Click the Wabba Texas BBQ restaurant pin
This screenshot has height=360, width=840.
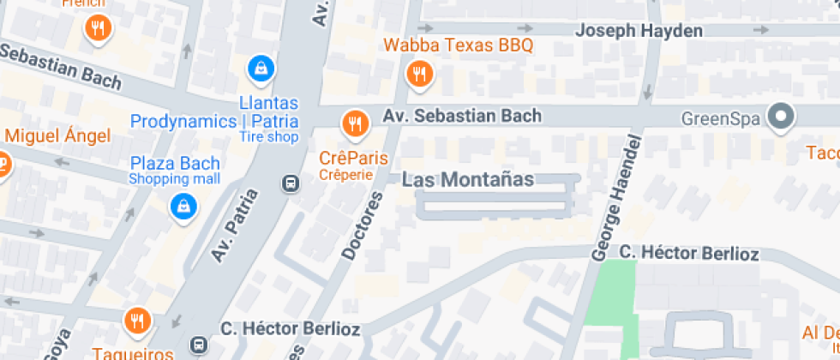click(419, 74)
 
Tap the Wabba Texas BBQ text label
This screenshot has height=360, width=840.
click(459, 45)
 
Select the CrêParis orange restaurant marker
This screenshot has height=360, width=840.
click(354, 125)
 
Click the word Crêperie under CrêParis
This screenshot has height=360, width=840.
click(345, 175)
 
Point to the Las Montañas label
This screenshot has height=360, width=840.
click(468, 180)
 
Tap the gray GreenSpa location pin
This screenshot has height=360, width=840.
click(781, 117)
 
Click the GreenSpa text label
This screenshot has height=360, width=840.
click(720, 118)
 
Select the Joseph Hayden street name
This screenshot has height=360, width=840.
click(639, 31)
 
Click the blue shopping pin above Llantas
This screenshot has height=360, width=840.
click(260, 66)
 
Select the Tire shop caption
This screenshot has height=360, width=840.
click(268, 137)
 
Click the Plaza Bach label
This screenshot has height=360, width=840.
click(175, 163)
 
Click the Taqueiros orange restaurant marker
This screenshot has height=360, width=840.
click(136, 321)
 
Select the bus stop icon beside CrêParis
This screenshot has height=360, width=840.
click(291, 183)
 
